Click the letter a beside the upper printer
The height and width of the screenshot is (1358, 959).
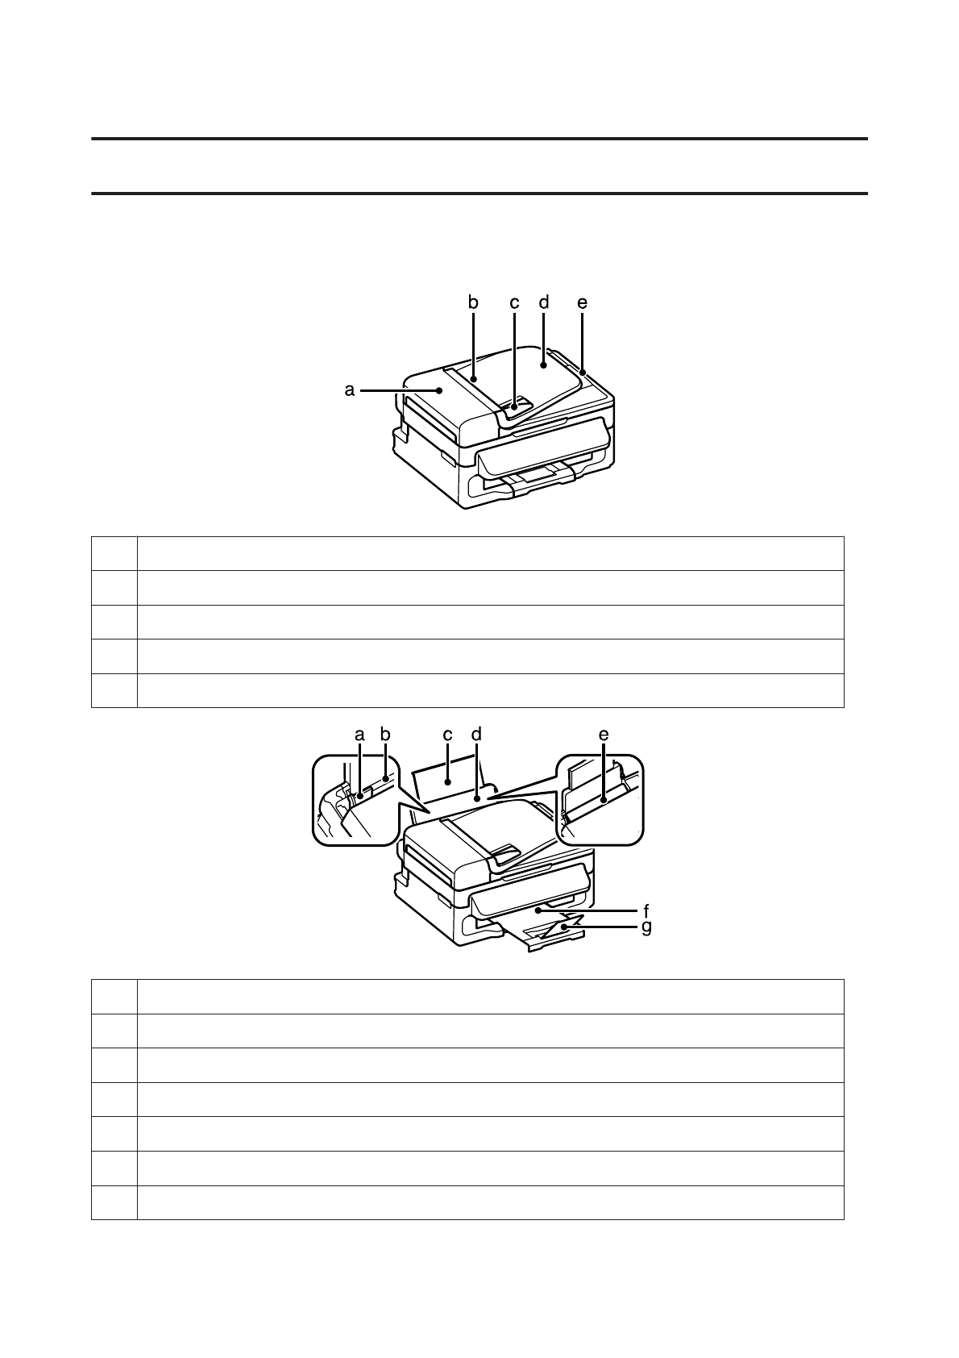click(350, 390)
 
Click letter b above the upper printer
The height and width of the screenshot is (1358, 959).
click(474, 302)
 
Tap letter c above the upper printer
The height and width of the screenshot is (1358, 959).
click(514, 302)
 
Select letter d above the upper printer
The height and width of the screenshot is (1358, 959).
click(544, 302)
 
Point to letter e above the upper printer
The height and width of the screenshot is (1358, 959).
click(582, 302)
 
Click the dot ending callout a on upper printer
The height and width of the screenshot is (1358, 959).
click(439, 390)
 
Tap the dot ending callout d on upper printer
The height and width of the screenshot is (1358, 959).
click(544, 364)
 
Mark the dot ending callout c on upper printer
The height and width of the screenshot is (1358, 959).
click(514, 408)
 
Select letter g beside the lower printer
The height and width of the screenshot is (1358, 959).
click(646, 927)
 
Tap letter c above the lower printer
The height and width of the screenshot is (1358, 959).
click(447, 735)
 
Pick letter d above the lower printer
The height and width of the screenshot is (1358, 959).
click(476, 735)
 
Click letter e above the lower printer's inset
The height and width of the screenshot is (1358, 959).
click(604, 735)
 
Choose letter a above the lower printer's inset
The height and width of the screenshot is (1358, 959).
click(359, 735)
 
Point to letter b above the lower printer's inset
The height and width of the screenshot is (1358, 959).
click(385, 735)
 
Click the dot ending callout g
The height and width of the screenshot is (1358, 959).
click(563, 928)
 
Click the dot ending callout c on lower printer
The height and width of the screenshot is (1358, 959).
click(447, 781)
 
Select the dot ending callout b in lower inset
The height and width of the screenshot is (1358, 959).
click(386, 779)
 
